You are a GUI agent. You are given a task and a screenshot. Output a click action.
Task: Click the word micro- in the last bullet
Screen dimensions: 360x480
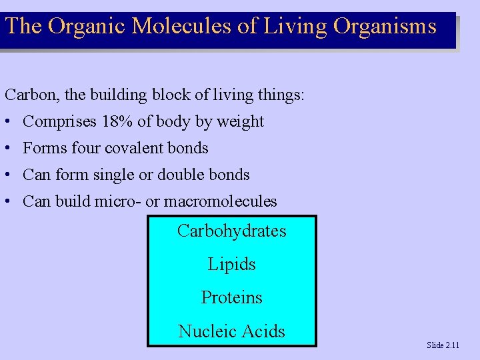[x=119, y=201]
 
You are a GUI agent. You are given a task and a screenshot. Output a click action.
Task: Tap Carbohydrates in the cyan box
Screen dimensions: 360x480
[x=231, y=231]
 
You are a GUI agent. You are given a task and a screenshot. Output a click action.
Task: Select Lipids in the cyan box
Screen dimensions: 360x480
[x=231, y=265]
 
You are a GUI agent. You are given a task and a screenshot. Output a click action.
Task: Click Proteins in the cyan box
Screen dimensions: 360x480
[x=231, y=297]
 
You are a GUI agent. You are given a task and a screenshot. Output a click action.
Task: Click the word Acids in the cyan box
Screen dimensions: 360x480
[x=265, y=331]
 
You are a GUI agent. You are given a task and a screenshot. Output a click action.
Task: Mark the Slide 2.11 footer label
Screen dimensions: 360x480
[x=443, y=345]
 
